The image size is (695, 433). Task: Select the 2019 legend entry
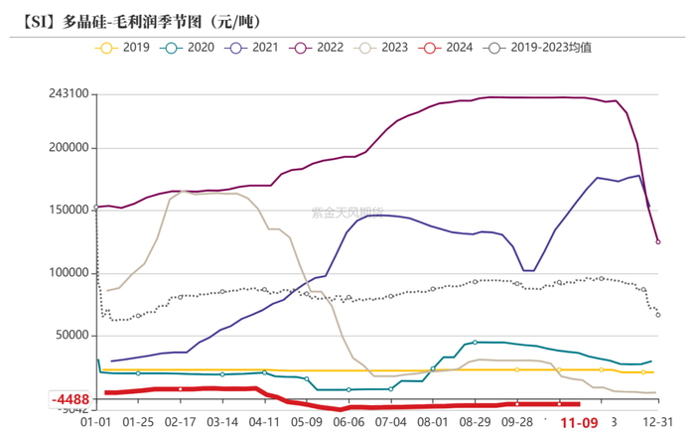pyautogui.click(x=120, y=47)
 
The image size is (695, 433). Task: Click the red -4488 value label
pyautogui.click(x=70, y=400)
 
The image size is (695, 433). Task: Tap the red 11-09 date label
pyautogui.click(x=579, y=422)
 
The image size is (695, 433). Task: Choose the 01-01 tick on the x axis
pyautogui.click(x=96, y=421)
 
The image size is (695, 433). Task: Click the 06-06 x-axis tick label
pyautogui.click(x=348, y=421)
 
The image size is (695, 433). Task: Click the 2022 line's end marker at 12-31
pyautogui.click(x=658, y=241)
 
